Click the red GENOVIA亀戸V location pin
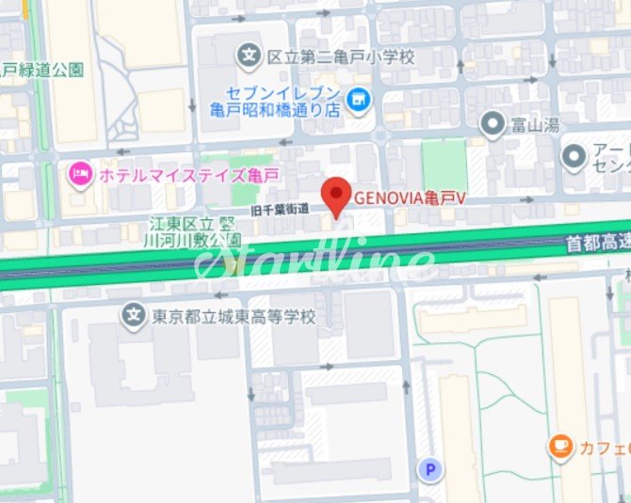336,195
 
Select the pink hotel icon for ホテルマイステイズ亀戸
80,173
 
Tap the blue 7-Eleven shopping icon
358,97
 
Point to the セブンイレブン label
276,92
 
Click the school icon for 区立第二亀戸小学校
250,56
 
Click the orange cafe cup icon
561,446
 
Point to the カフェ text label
604,448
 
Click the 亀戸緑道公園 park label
42,70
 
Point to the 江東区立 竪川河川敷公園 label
197,231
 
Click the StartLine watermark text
315,260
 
